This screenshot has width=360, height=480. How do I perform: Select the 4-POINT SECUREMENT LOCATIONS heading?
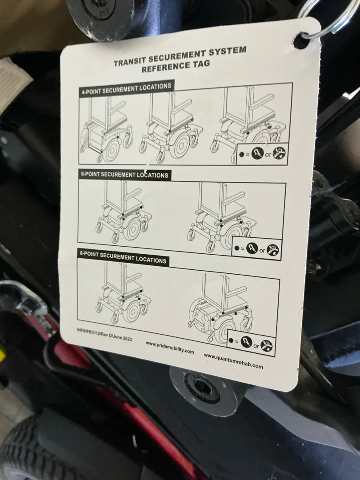tap(126, 88)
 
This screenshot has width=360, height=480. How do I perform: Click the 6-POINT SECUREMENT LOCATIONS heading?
tap(124, 175)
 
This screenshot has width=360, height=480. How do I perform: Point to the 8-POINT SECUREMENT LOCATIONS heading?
tap(123, 258)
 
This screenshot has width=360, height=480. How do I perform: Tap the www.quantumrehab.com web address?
tap(233, 361)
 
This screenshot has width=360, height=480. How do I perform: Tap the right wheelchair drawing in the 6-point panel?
tap(220, 218)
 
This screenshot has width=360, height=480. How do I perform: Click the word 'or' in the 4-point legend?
tap(268, 155)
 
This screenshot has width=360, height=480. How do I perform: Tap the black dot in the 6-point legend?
tap(236, 248)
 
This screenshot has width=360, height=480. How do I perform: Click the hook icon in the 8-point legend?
tap(247, 342)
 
